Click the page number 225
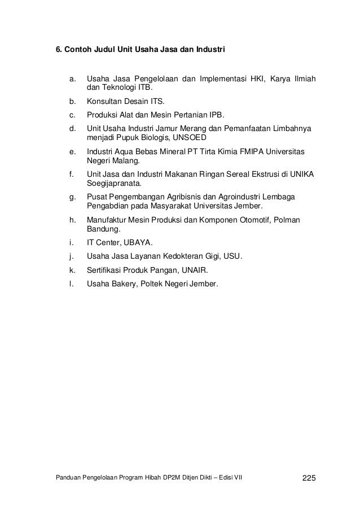point(310,479)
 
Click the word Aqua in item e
point(127,152)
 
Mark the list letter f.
point(71,175)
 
